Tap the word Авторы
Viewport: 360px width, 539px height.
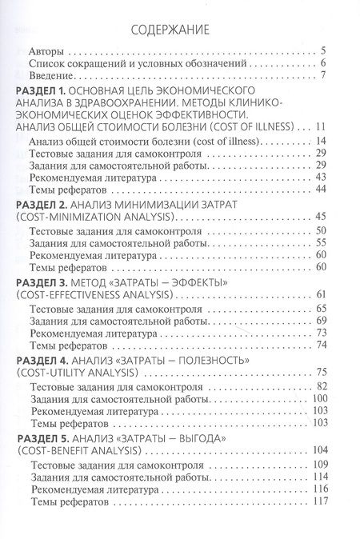point(44,50)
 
